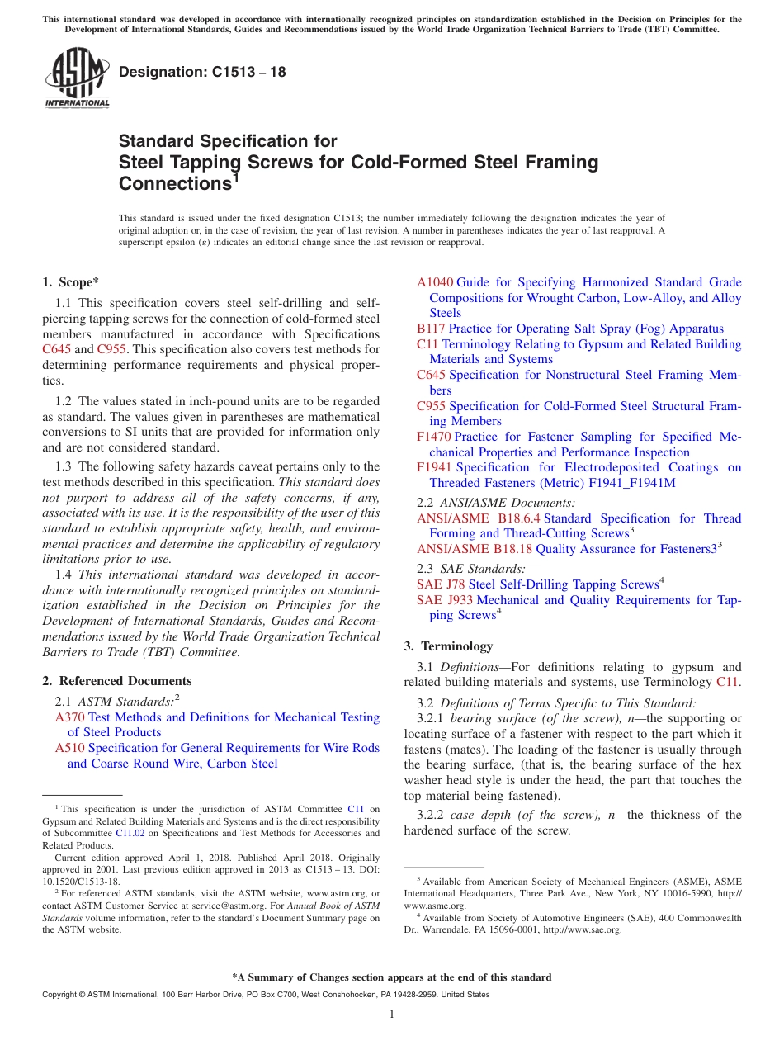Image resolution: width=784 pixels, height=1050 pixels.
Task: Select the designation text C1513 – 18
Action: pyautogui.click(x=202, y=72)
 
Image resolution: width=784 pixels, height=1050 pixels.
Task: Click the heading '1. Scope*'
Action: pyautogui.click(x=71, y=282)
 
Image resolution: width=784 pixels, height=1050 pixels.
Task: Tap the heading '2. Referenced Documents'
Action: pyautogui.click(x=117, y=681)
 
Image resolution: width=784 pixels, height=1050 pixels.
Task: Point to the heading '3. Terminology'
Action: pyautogui.click(x=448, y=646)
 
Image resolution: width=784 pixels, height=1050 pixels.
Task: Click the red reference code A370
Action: pyautogui.click(x=69, y=717)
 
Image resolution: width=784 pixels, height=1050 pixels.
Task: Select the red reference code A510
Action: pyautogui.click(x=69, y=748)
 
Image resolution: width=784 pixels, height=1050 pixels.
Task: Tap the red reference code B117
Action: pyautogui.click(x=431, y=329)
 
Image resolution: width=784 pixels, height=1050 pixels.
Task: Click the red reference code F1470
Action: pyautogui.click(x=434, y=437)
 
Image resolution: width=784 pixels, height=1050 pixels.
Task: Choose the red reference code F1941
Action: pyautogui.click(x=434, y=467)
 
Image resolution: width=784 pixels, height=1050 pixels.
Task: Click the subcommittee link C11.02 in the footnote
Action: pyautogui.click(x=128, y=833)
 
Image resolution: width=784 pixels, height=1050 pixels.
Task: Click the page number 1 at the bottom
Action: pyautogui.click(x=392, y=1014)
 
